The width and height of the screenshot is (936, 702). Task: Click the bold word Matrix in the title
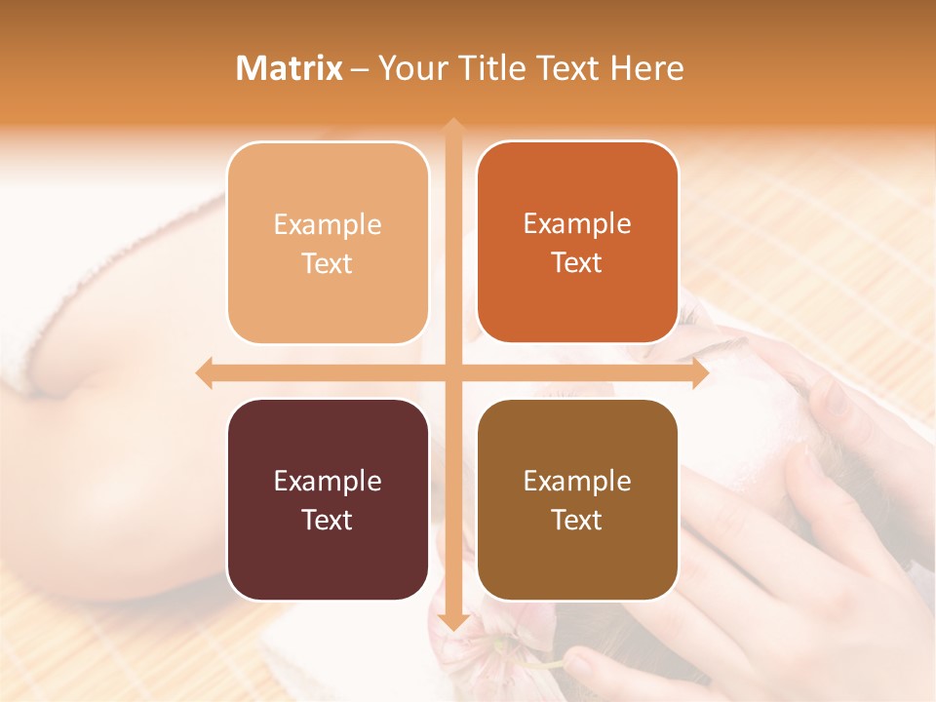tap(290, 68)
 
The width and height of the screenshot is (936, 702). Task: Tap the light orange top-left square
tap(328, 243)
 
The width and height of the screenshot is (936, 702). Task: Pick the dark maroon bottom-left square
tap(328, 499)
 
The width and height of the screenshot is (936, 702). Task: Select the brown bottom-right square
tap(577, 499)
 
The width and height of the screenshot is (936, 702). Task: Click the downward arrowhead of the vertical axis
tap(452, 623)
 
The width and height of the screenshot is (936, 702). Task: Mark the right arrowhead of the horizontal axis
tap(699, 372)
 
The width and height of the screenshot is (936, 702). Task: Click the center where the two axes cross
tap(452, 372)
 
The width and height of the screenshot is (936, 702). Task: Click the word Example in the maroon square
tap(328, 481)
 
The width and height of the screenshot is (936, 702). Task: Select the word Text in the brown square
tap(577, 520)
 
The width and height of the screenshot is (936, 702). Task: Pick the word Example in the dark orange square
tap(577, 223)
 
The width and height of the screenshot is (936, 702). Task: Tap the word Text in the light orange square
tap(328, 263)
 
